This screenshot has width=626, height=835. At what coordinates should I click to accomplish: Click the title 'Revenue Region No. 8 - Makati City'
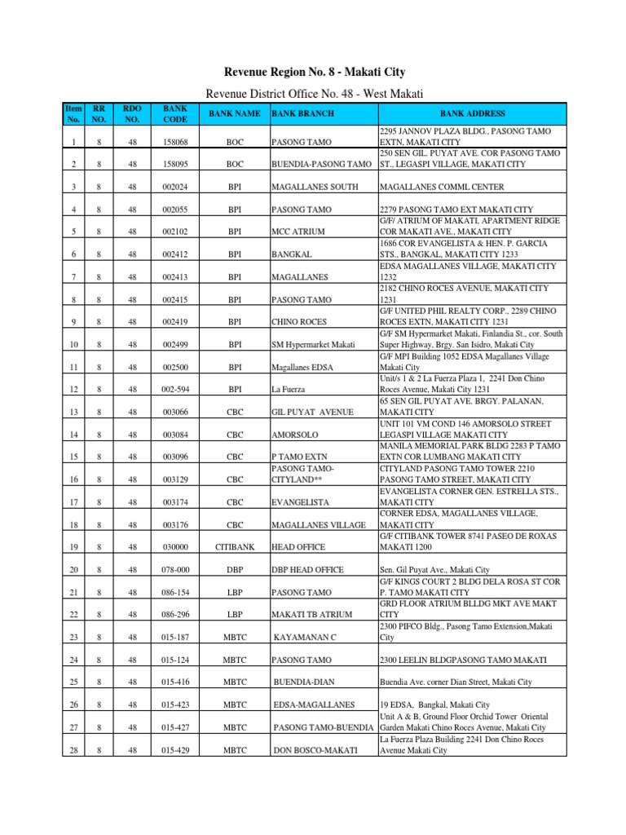click(x=314, y=73)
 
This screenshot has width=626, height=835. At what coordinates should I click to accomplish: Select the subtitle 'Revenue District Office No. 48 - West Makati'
click(x=314, y=95)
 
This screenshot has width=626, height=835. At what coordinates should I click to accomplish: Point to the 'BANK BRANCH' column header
click(x=302, y=114)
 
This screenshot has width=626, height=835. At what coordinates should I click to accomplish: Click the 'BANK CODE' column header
click(x=174, y=114)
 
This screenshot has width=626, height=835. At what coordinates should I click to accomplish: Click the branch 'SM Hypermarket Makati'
click(x=314, y=344)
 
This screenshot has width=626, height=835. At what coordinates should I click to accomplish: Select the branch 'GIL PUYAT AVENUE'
click(x=312, y=412)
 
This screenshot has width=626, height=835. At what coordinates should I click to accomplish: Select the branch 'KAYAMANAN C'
click(x=307, y=637)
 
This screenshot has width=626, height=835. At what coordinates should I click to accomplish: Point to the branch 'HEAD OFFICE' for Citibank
click(x=298, y=546)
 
